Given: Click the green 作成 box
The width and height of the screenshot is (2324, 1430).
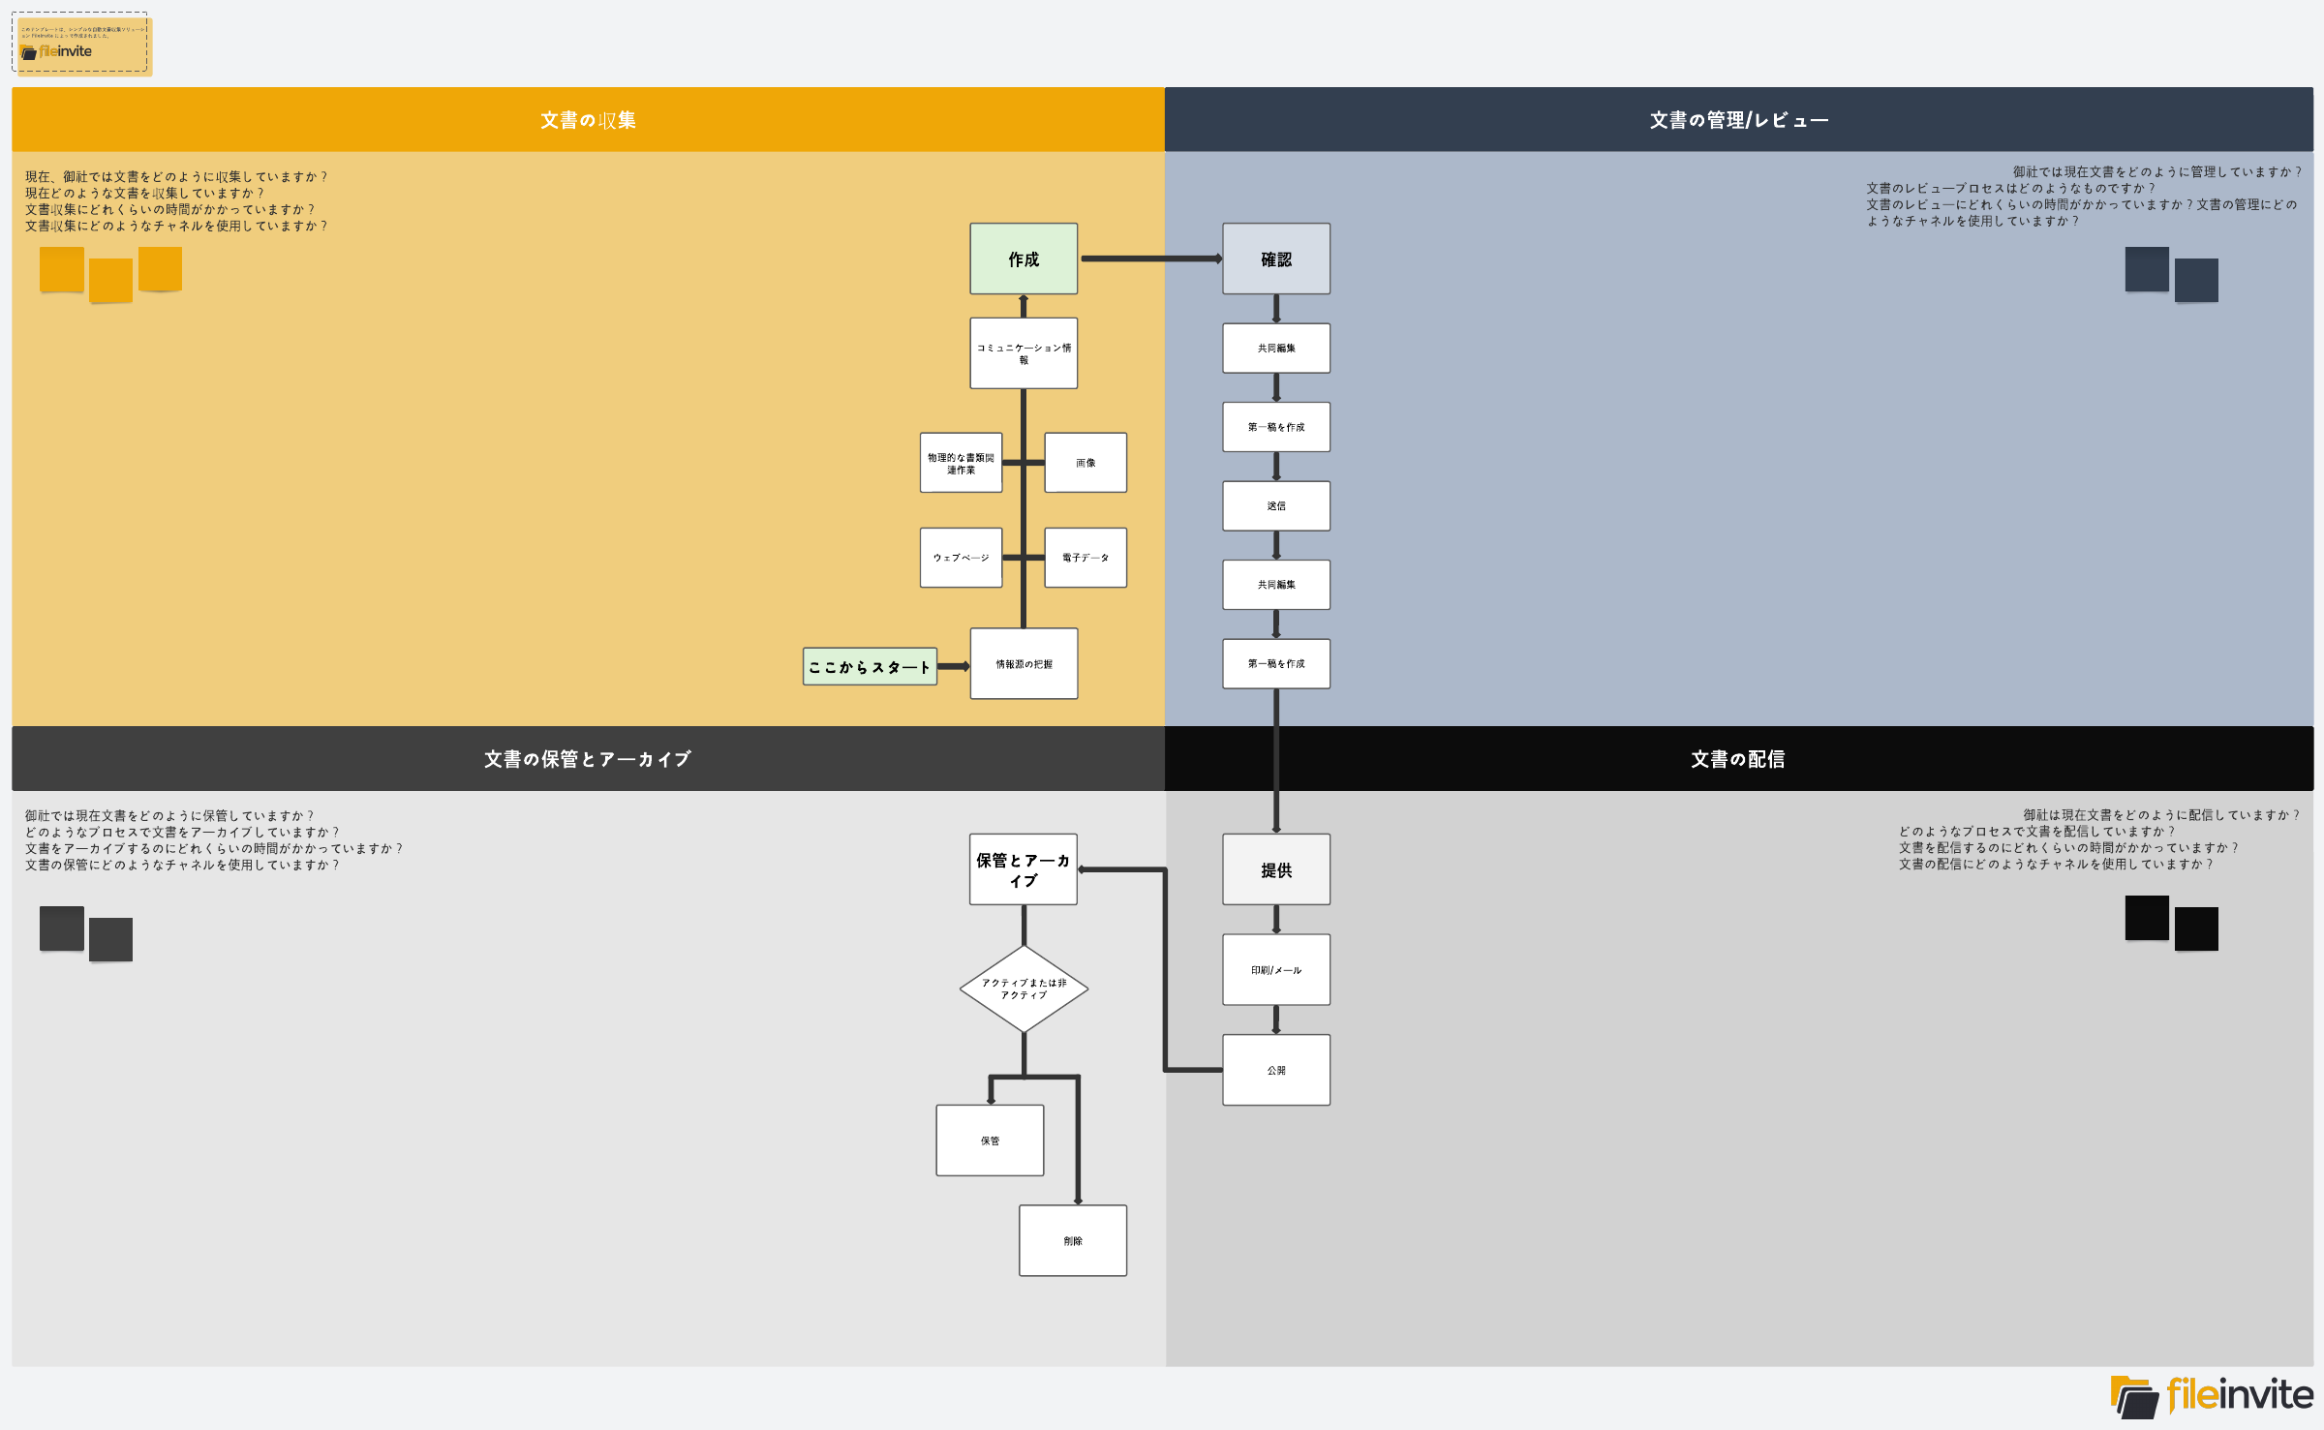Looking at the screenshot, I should point(1024,259).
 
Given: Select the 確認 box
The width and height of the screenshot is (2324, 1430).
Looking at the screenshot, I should point(1275,259).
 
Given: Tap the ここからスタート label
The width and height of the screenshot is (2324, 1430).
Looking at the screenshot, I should point(870,666).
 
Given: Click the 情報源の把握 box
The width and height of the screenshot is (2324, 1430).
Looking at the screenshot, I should point(1024,663).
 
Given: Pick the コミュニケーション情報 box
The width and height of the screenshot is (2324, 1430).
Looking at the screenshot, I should point(1024,353).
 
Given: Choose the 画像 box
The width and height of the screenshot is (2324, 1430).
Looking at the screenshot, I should point(1086,463).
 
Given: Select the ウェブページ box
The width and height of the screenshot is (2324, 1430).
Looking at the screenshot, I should point(961,558).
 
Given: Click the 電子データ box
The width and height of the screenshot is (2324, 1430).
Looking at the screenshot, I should point(1086,558).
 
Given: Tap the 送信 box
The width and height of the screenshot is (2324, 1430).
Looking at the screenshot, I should point(1275,505).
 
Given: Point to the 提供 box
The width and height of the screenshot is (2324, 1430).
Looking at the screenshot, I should point(1275,869).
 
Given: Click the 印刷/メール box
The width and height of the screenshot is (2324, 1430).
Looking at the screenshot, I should point(1275,969).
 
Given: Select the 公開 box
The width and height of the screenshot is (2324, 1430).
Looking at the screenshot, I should point(1275,1070).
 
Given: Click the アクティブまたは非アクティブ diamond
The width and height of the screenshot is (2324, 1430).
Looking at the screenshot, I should point(1024,989).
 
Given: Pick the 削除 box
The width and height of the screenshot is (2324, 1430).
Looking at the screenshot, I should point(1072,1240).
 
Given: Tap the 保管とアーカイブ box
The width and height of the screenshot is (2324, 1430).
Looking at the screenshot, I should point(1023,869).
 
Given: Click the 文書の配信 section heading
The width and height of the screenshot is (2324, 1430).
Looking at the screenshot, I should point(1737,759).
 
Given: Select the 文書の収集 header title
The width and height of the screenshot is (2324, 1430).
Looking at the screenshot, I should point(588,120).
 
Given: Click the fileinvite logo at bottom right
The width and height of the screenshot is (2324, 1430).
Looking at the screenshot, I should point(2212,1395).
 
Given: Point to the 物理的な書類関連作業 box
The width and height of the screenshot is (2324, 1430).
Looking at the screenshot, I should point(961,463).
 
